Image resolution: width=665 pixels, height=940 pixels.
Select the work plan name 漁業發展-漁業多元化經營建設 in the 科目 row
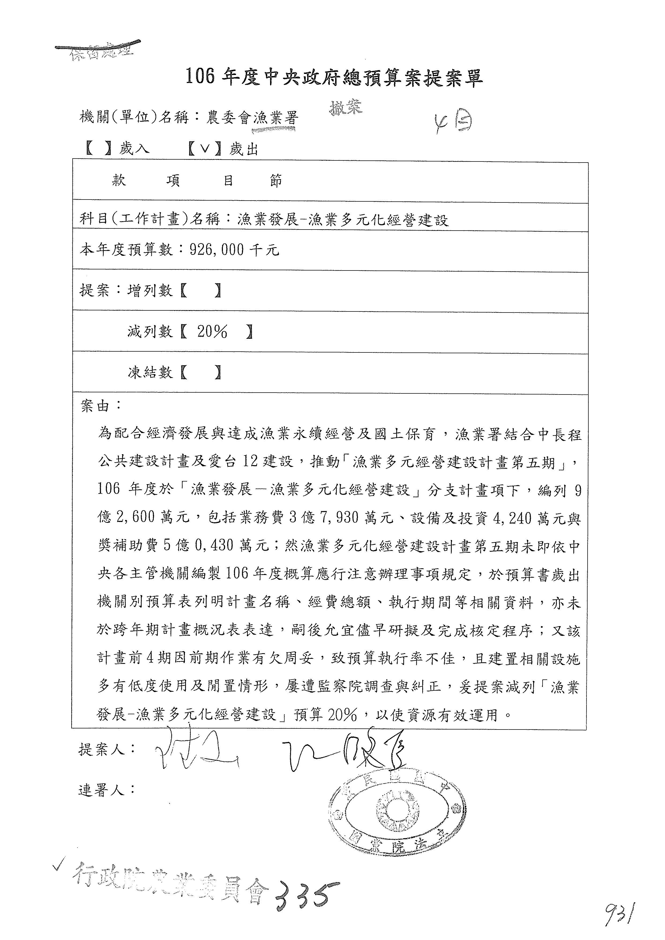343,220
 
